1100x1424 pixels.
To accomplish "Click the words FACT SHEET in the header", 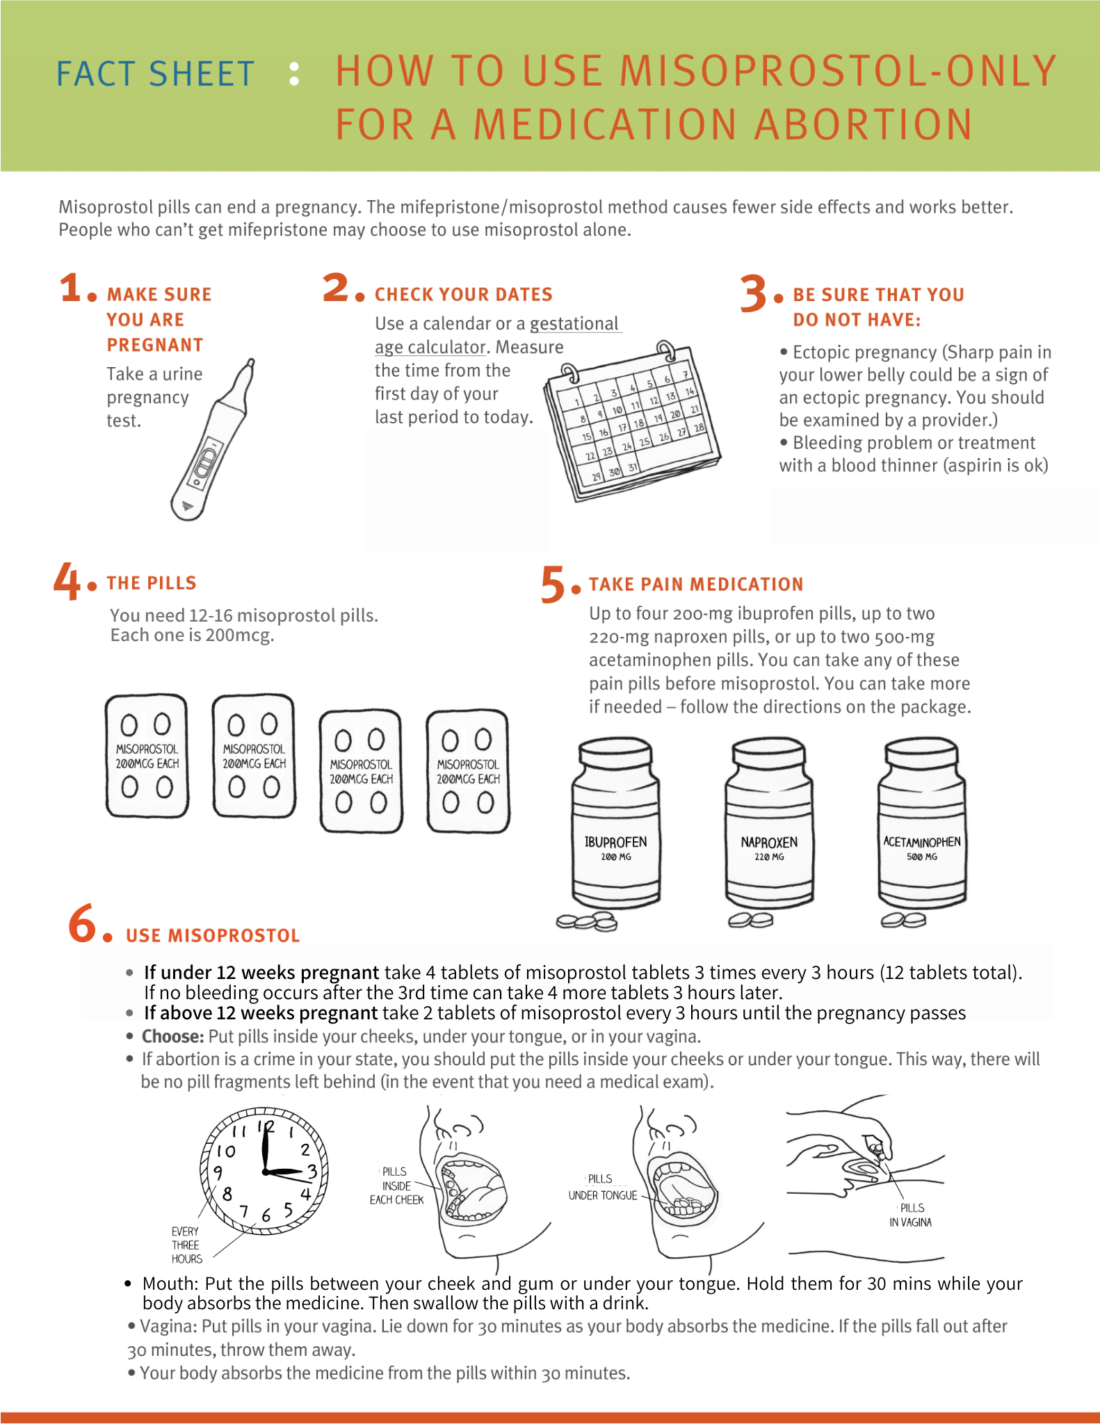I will [155, 74].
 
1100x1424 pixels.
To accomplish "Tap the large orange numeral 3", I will [753, 293].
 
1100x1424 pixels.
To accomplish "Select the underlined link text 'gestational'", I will [574, 324].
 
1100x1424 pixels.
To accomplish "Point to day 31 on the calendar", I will [632, 468].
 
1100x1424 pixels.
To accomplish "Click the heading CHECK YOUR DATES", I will [463, 295].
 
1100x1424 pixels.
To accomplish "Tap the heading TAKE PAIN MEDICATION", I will [696, 584].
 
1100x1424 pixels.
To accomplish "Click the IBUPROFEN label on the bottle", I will [615, 843].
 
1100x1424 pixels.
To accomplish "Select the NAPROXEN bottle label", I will [769, 843].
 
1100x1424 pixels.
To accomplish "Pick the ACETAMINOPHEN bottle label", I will [922, 842].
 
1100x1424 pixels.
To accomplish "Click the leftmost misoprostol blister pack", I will [147, 755].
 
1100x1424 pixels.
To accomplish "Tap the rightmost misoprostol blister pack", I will [468, 771].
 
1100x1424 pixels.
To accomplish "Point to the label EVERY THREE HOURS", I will [186, 1245].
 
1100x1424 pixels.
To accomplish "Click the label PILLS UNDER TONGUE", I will [602, 1188].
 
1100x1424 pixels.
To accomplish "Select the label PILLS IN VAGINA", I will [911, 1215].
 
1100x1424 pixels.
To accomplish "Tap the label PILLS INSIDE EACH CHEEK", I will [396, 1186].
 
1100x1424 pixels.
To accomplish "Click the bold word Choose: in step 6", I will [172, 1037].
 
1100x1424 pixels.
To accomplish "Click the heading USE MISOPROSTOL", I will [213, 936].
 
